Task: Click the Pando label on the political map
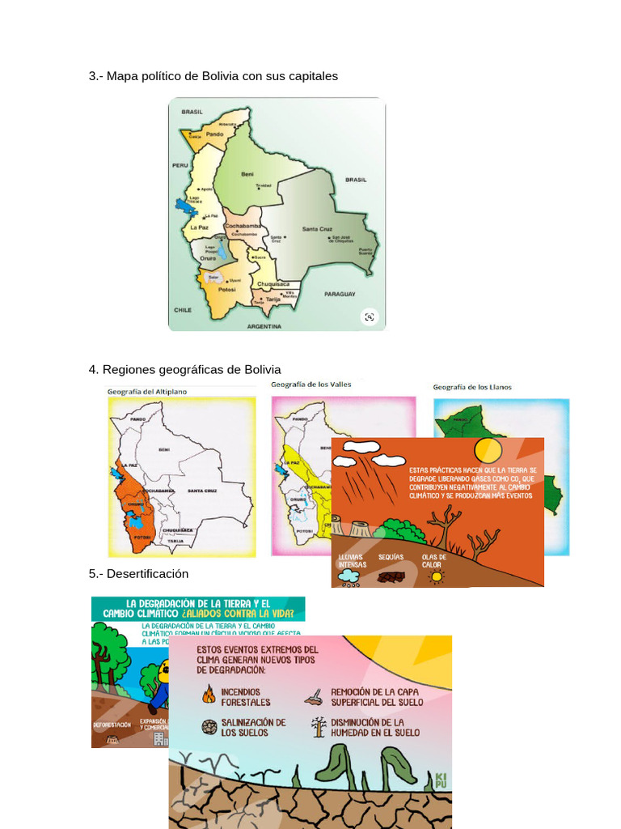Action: click(214, 134)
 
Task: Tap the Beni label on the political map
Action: click(247, 174)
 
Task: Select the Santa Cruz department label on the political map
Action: click(317, 229)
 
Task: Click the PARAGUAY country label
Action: click(340, 294)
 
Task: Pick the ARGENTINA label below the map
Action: click(264, 326)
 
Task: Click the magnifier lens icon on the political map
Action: click(370, 317)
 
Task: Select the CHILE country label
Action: click(182, 309)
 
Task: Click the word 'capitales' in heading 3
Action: click(311, 76)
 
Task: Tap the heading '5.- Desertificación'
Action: click(138, 573)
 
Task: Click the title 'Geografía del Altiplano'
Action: click(147, 392)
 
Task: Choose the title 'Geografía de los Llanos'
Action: click(472, 387)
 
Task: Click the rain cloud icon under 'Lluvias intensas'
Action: click(349, 576)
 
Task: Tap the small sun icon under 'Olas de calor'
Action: click(437, 576)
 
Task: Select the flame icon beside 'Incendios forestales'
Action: click(209, 695)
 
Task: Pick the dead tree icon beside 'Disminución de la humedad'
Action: click(319, 726)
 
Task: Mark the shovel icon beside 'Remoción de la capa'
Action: click(315, 695)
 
